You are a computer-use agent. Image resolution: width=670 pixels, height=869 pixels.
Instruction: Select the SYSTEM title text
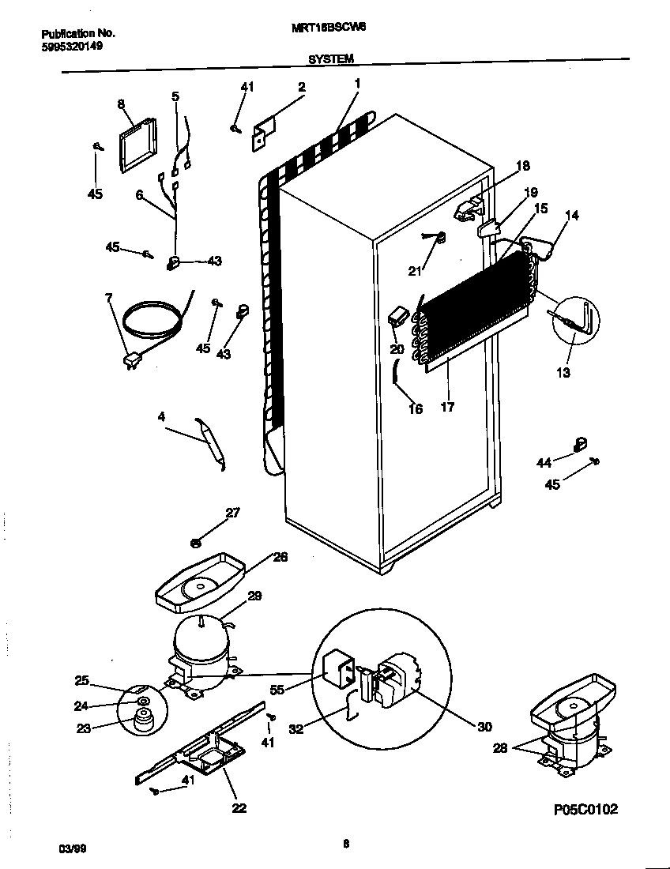pos(330,58)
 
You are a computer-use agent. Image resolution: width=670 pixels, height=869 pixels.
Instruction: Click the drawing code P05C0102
pos(585,810)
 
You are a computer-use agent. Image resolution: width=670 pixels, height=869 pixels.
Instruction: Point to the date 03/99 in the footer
pos(72,848)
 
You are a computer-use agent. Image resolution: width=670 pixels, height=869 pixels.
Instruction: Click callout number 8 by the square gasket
pos(122,103)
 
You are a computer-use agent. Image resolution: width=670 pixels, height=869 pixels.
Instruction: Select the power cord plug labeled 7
pos(131,360)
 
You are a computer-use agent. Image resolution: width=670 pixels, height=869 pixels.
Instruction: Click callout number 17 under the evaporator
pos(448,408)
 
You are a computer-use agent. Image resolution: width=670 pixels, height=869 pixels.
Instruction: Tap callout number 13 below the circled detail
pos(563,373)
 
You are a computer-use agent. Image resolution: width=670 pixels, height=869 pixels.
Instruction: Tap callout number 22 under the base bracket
pos(239,807)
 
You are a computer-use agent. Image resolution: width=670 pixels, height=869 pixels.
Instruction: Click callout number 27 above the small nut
pos(232,513)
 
